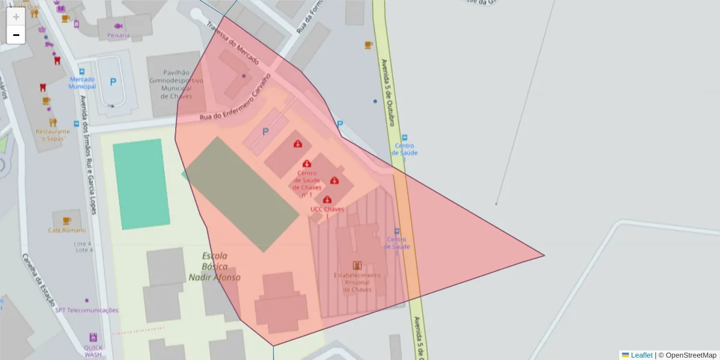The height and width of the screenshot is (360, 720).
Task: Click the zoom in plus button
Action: tap(16, 17)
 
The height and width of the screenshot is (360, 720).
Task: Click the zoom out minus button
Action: tap(16, 35)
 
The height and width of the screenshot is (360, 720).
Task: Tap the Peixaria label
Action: tap(118, 35)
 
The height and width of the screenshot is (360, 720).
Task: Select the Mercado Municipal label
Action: tap(82, 83)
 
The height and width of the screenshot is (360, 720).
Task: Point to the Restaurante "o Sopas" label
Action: tap(53, 135)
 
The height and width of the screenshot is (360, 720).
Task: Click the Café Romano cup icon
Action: tap(66, 221)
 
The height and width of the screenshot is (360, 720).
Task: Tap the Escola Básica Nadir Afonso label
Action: tap(214, 266)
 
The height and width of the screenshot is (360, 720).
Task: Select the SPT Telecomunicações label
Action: tap(86, 310)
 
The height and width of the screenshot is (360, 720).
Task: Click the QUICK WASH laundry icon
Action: tap(93, 337)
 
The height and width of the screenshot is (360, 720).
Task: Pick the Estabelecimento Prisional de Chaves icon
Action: tap(358, 265)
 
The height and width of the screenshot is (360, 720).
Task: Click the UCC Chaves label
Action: tap(327, 209)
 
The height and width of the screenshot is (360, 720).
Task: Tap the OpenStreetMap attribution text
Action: tap(691, 355)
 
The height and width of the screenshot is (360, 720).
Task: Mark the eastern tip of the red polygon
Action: tap(544, 256)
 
